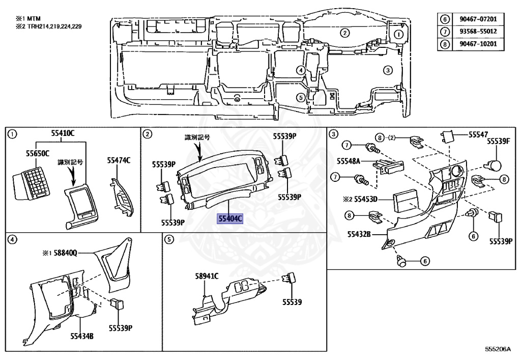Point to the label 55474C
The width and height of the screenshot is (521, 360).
[x=119, y=160]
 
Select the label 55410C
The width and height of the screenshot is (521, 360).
[x=63, y=133]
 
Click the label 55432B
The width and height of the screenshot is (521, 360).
[x=359, y=234]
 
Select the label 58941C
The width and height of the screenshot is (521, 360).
[x=207, y=276]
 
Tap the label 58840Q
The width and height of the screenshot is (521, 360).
[x=74, y=252]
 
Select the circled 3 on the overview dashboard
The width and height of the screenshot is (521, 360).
[x=388, y=70]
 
